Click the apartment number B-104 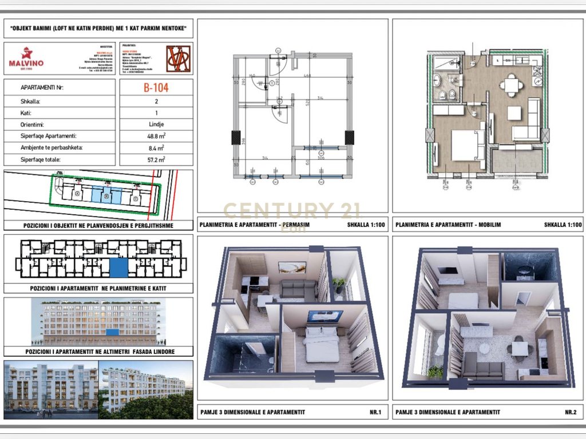[156, 88]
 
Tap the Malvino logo [26, 58]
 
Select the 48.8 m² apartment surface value [156, 137]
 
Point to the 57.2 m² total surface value [156, 160]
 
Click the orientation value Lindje [156, 125]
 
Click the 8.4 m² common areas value [156, 148]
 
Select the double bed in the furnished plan [468, 145]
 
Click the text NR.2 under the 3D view [570, 412]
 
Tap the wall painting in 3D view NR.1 [292, 268]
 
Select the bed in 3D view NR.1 [322, 345]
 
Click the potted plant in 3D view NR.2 [435, 372]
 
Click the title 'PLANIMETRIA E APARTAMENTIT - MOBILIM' [448, 225]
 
